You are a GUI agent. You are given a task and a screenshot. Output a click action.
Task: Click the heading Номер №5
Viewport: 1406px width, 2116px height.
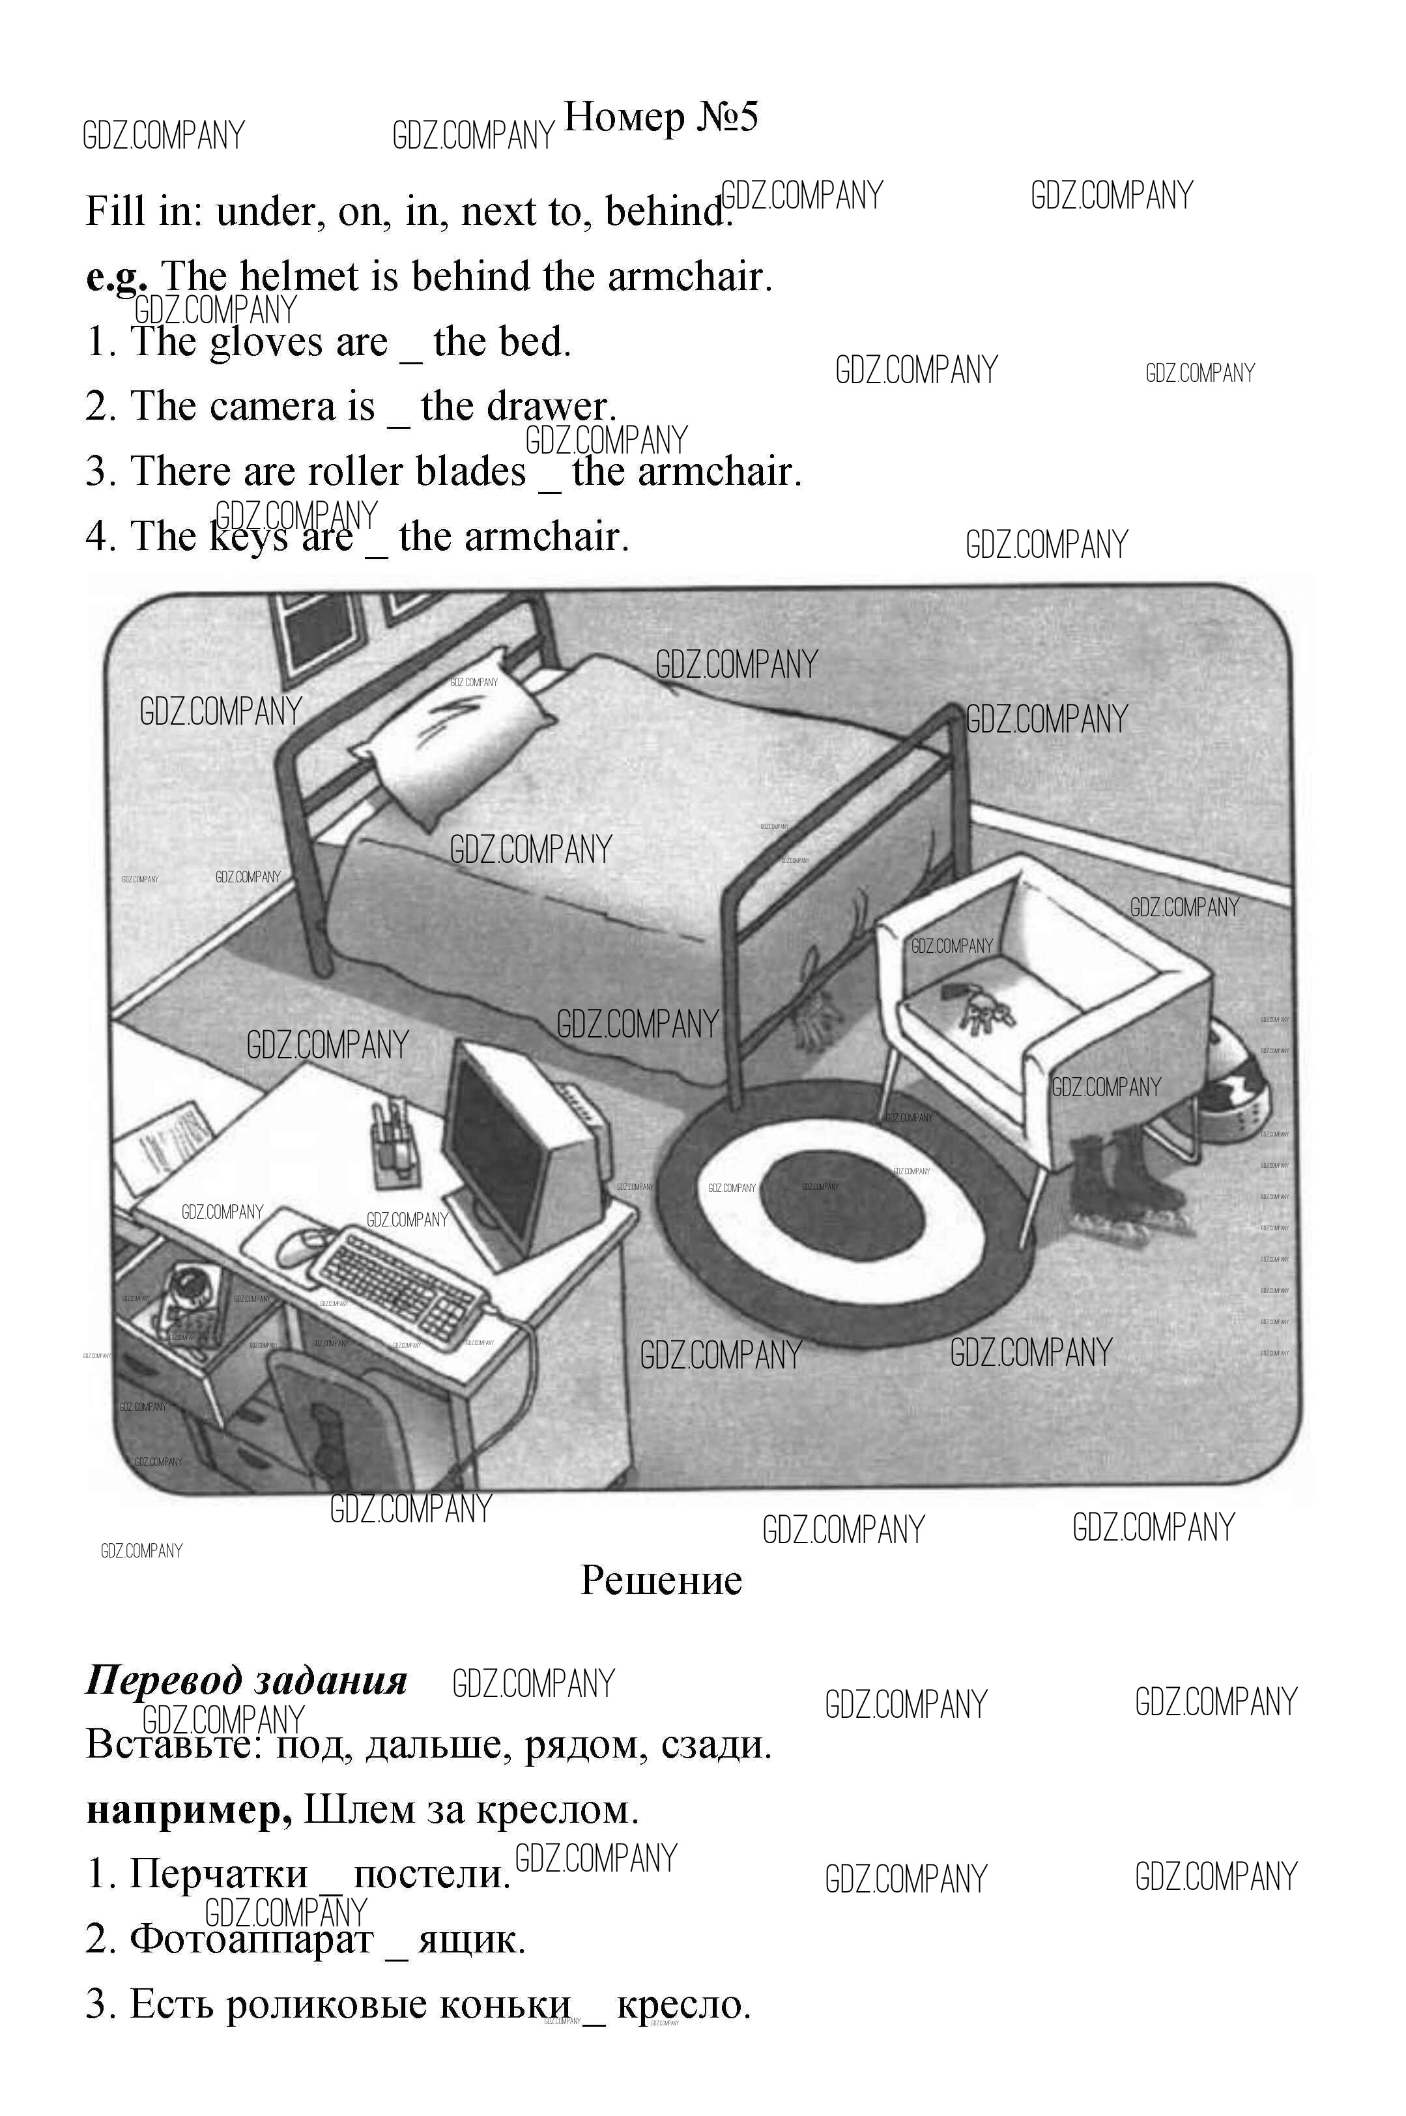[661, 117]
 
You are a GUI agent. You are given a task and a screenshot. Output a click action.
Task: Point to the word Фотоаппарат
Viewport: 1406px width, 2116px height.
[251, 1939]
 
